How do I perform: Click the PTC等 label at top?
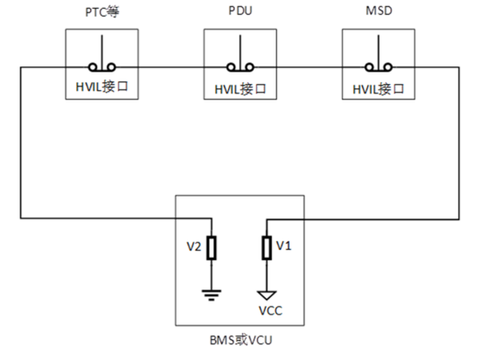pos(102,11)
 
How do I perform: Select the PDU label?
pos(240,10)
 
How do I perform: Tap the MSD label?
pos(379,10)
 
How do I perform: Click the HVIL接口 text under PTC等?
pos(101,87)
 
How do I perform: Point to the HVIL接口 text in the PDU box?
pos(240,89)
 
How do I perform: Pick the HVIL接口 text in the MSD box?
pos(378,89)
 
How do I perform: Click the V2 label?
pos(194,246)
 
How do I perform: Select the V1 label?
pos(283,246)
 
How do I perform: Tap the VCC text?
pos(270,311)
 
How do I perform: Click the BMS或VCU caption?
pos(240,341)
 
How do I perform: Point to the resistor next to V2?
pos(212,248)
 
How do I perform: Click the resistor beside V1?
pos(267,248)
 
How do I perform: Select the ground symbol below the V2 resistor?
pos(212,295)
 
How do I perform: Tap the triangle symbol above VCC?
pos(267,295)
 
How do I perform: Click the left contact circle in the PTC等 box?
pos(93,67)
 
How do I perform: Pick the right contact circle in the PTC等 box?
pos(111,67)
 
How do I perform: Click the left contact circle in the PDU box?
pos(231,67)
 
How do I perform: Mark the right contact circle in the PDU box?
pos(250,67)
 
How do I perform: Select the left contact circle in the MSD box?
pos(369,67)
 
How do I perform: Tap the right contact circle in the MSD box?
pos(388,67)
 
